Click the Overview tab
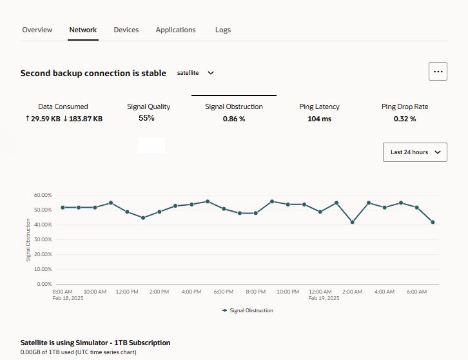click(37, 30)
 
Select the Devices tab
click(126, 30)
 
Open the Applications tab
click(175, 30)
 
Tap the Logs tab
click(222, 30)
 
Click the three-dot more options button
click(438, 72)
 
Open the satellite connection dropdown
click(195, 73)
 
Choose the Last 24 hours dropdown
click(414, 152)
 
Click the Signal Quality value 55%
click(146, 118)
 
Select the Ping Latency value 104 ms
click(319, 119)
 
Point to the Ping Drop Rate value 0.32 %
click(404, 119)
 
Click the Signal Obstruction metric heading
click(233, 106)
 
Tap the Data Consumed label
click(63, 106)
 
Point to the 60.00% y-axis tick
click(42, 195)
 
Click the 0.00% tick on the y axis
click(44, 284)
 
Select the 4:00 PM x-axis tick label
click(191, 292)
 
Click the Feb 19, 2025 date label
click(324, 298)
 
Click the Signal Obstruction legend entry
click(248, 310)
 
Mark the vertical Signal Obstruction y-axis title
click(28, 239)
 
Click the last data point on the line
click(433, 222)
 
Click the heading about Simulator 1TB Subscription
click(95, 343)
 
